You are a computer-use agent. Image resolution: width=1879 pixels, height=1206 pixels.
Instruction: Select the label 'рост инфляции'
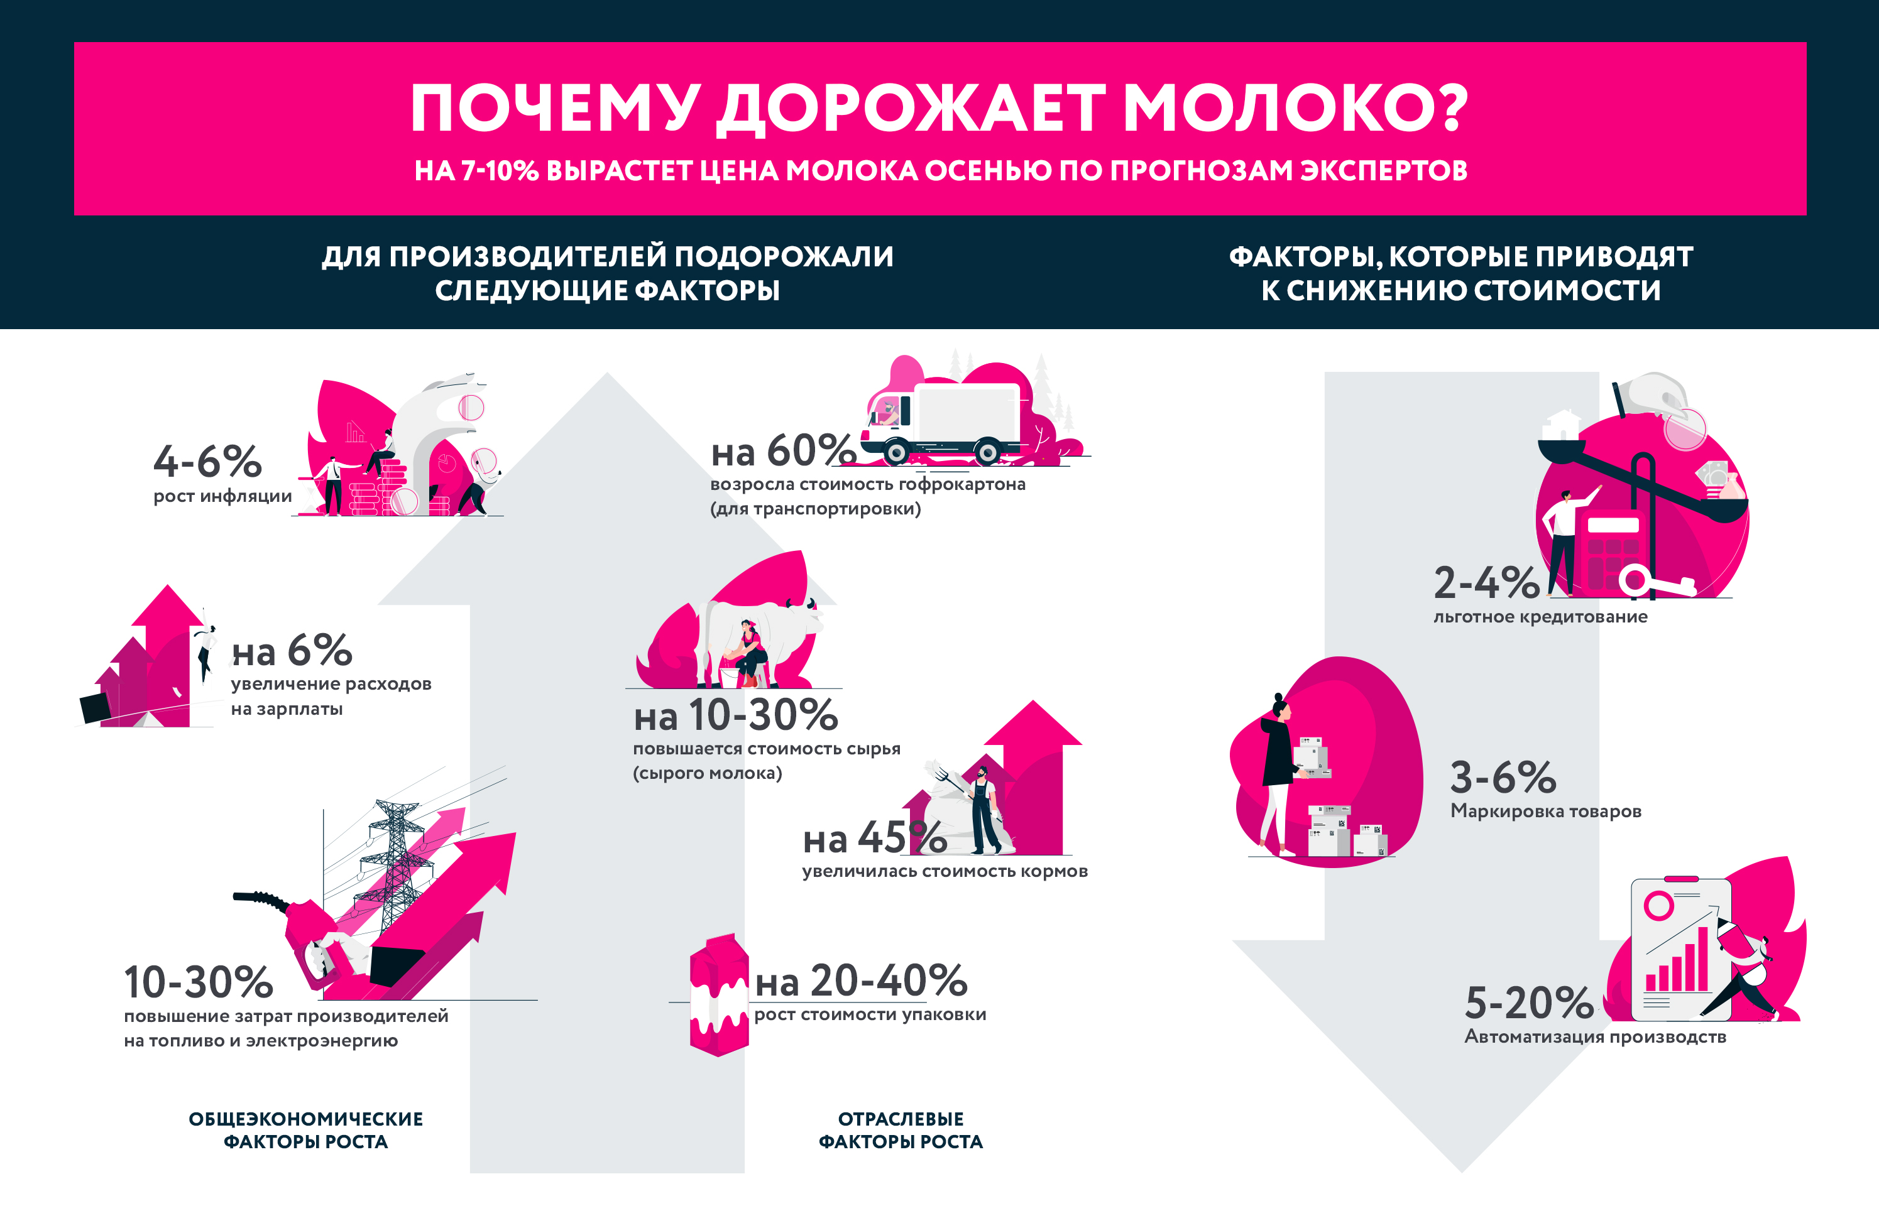coord(222,496)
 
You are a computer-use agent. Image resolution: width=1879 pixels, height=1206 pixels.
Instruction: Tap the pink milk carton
coord(718,994)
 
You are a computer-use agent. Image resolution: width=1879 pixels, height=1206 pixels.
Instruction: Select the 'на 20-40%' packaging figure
coord(861,981)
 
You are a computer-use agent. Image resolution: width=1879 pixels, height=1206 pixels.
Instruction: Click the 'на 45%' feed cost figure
coord(874,839)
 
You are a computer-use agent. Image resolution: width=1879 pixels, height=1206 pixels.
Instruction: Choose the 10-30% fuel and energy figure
coord(198,982)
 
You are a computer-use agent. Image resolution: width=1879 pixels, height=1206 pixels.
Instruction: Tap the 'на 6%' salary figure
coord(292,651)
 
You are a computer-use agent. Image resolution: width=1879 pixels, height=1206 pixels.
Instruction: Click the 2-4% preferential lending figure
coord(1486,583)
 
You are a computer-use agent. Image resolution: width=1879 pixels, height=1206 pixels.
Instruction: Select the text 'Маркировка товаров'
coord(1545,812)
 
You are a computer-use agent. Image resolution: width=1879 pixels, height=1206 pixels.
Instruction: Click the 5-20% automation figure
coord(1528,1003)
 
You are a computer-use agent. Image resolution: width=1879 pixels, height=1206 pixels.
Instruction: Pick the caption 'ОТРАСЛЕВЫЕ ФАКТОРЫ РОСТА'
coord(900,1130)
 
